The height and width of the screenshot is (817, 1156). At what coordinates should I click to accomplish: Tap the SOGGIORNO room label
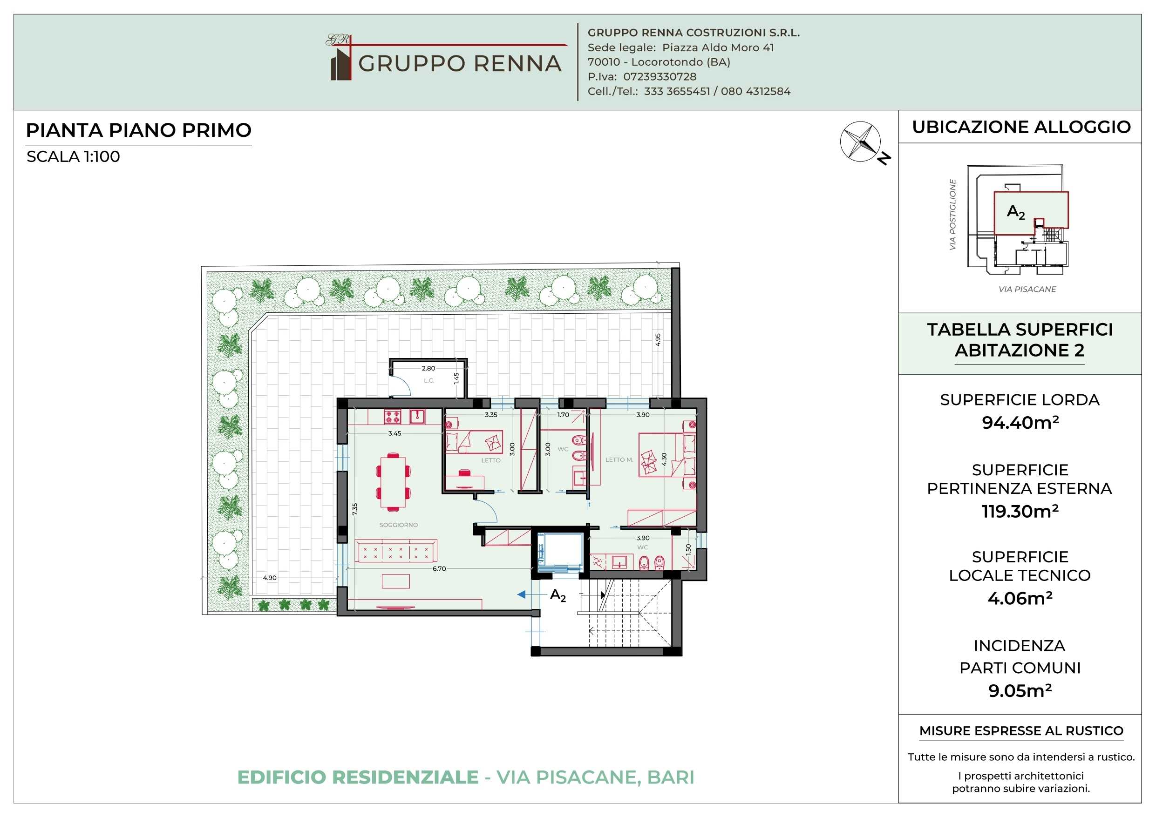[x=398, y=525]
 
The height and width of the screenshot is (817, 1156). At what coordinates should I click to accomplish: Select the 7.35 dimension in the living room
[x=355, y=509]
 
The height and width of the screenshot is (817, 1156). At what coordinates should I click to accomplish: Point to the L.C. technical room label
[x=429, y=380]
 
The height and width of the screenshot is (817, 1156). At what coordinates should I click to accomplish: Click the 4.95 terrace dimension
[x=658, y=339]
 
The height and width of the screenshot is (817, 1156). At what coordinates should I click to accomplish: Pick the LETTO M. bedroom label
[x=619, y=459]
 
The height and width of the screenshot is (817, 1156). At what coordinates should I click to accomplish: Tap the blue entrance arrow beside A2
[x=522, y=594]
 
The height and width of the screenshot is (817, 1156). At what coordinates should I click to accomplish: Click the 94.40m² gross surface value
[x=1020, y=422]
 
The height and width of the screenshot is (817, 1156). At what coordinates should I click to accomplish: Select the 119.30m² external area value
[x=1020, y=511]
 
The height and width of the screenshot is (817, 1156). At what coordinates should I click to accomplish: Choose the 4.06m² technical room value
[x=1020, y=598]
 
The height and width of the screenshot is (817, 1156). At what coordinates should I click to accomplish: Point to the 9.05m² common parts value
[x=1020, y=690]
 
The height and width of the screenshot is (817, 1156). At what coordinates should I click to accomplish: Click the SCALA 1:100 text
[x=74, y=156]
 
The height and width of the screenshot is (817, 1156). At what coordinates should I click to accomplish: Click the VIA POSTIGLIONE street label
[x=952, y=215]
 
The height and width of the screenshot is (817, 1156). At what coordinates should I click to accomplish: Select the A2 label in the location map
[x=1015, y=212]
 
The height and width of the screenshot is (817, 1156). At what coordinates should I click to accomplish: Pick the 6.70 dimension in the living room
[x=439, y=568]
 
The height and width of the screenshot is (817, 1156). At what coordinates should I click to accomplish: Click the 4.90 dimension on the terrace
[x=270, y=577]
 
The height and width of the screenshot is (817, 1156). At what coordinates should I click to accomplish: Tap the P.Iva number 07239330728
[x=660, y=76]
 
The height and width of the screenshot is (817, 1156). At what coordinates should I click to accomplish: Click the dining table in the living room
[x=393, y=481]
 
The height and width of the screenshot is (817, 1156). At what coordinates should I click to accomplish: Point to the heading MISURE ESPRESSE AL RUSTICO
[x=1021, y=730]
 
